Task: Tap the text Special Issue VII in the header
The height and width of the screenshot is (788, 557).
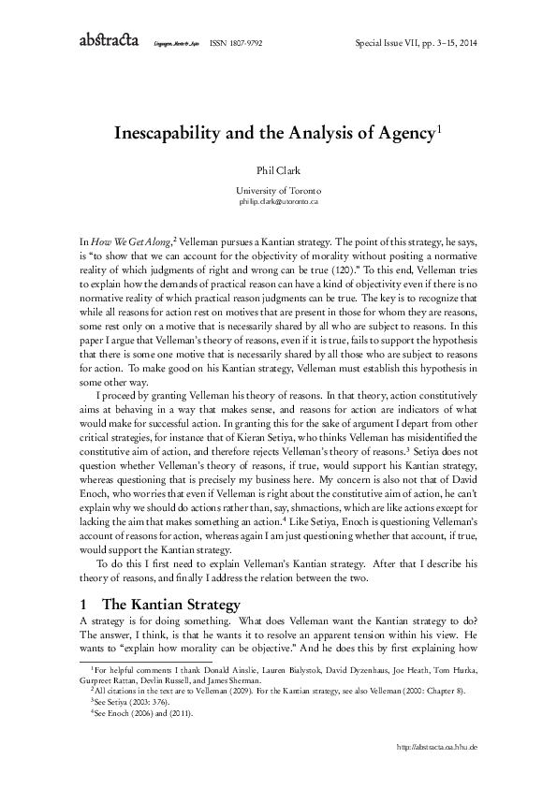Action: pos(391,43)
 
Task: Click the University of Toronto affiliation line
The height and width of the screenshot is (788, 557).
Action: pos(278,190)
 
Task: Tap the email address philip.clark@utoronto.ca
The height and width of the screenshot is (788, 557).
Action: pos(278,201)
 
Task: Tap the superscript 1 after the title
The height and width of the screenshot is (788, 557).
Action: pos(439,129)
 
